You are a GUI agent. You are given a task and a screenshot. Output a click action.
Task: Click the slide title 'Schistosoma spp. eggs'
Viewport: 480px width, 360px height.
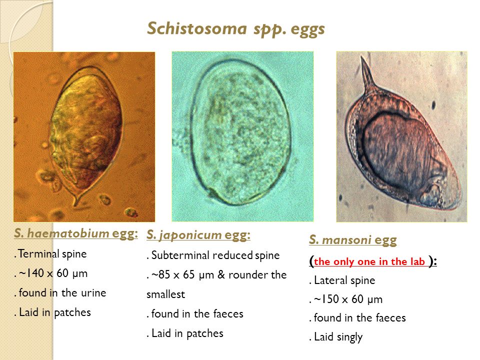(236, 28)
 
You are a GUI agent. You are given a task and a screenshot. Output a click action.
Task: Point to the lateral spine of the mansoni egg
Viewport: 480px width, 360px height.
(369, 75)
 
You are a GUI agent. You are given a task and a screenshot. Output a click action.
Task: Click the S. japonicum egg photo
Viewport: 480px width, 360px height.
(242, 136)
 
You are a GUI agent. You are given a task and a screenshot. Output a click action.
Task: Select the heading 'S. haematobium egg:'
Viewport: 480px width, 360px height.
(76, 233)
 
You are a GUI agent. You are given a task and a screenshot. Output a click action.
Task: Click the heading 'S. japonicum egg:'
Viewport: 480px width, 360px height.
(198, 235)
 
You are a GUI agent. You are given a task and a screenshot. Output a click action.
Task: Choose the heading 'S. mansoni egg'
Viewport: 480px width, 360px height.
(353, 240)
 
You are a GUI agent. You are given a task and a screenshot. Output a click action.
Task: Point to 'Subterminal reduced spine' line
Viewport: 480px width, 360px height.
(215, 255)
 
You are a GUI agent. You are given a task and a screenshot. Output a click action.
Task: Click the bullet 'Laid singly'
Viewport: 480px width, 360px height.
(337, 337)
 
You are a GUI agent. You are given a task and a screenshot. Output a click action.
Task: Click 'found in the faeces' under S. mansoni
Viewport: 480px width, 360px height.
(358, 318)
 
